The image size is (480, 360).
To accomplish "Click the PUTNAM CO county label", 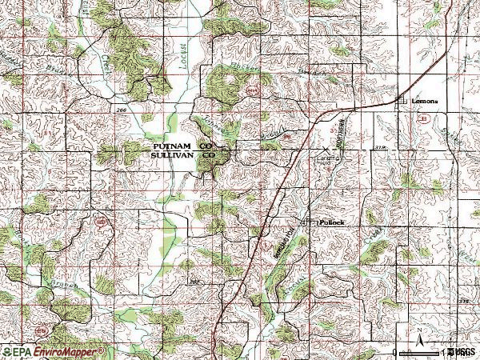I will tap(180, 147).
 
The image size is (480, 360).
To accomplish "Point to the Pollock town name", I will tap(331, 221).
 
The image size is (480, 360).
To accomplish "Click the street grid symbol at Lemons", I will tap(402, 100).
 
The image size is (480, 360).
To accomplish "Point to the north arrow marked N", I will tap(418, 334).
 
